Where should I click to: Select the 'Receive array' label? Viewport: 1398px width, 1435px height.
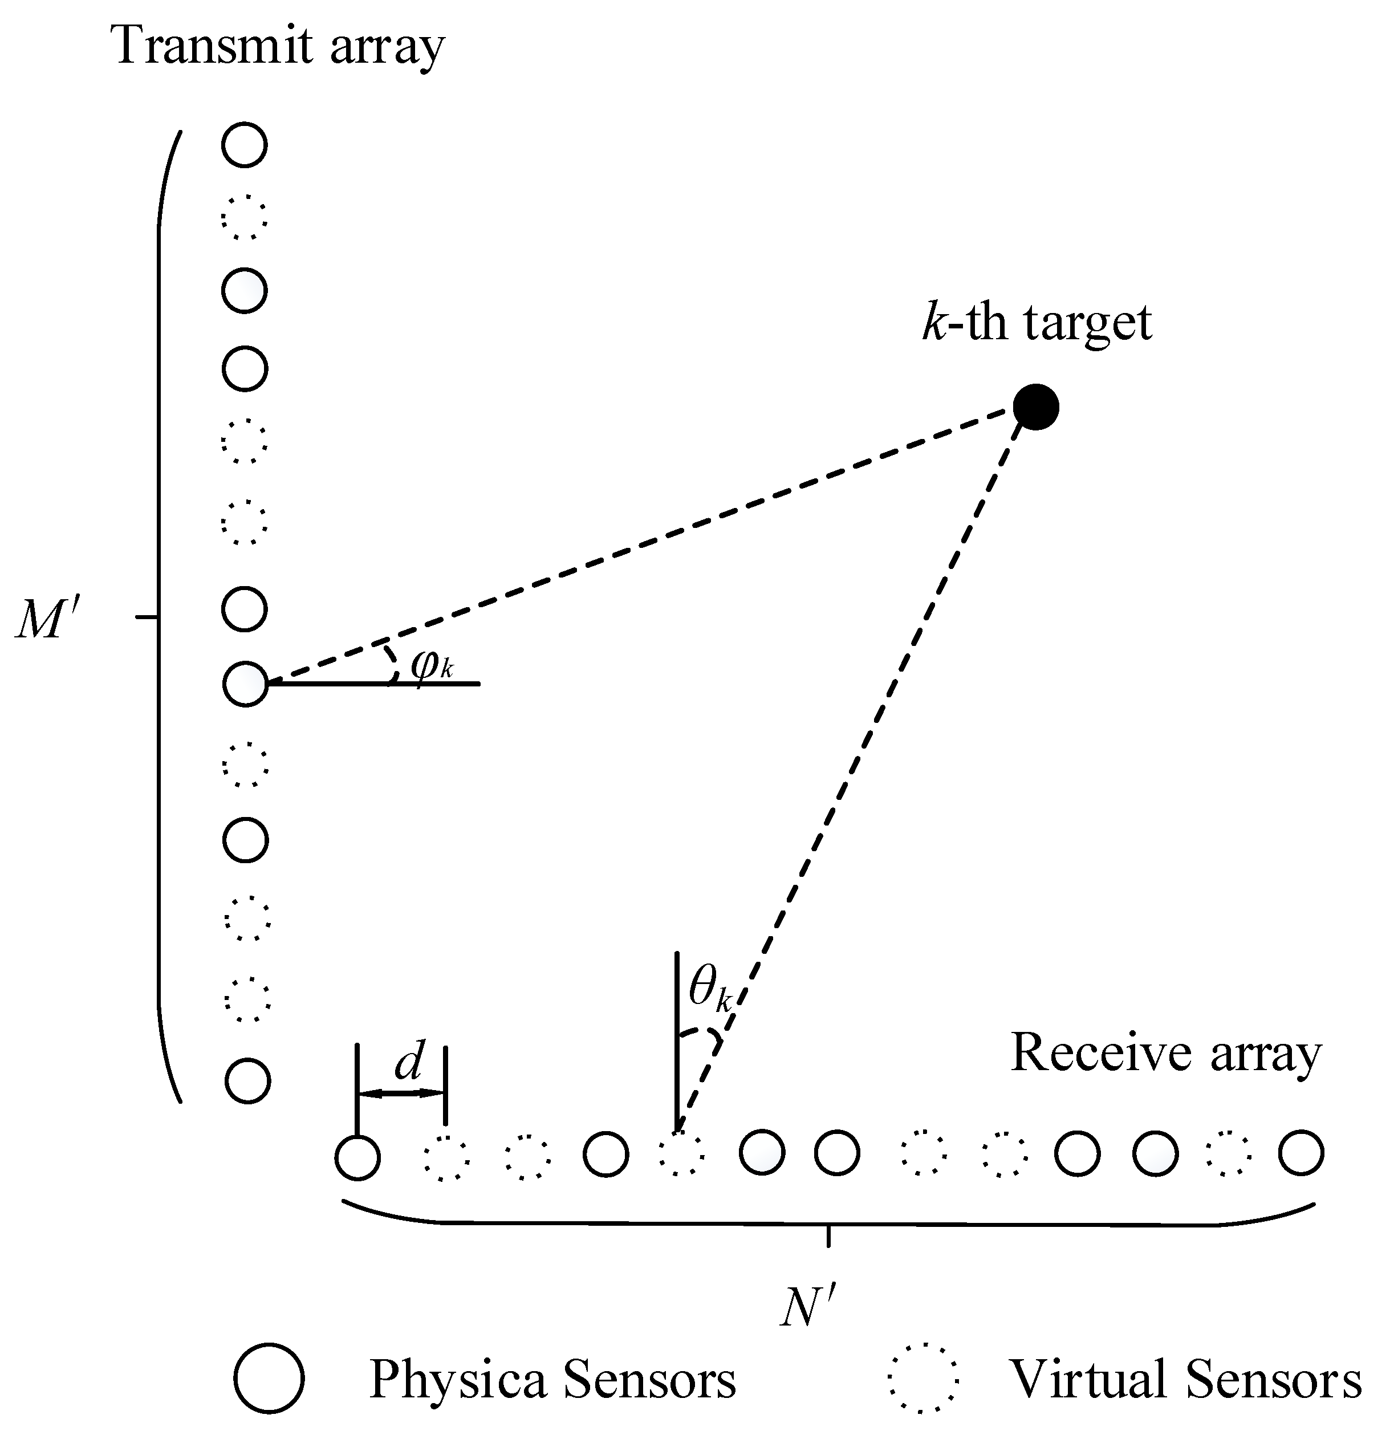coord(1165,1053)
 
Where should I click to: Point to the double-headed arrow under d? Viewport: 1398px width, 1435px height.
coord(401,1093)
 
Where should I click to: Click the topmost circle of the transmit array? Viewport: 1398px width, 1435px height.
coord(245,145)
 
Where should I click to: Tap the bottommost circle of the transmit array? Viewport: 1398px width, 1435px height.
coord(247,1081)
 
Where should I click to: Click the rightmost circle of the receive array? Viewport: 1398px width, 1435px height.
coord(1301,1152)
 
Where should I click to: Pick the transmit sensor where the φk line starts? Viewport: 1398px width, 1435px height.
coord(245,684)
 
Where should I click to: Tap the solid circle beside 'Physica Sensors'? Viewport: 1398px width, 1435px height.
coord(270,1379)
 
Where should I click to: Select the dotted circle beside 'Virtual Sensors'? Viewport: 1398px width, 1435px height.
coord(923,1379)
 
